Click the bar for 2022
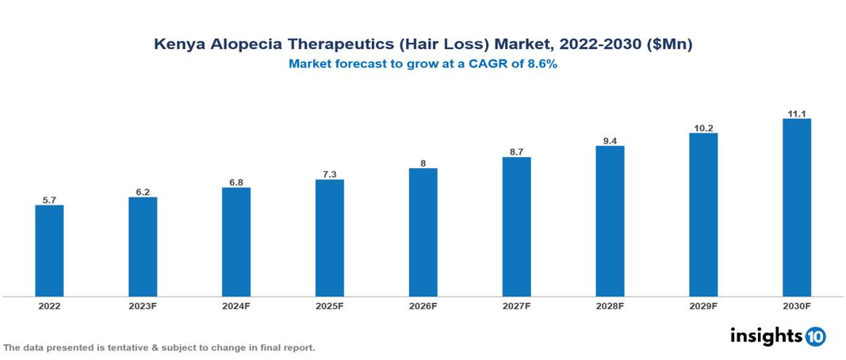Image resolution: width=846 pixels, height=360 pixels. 49,251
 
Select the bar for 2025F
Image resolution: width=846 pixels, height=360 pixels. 329,238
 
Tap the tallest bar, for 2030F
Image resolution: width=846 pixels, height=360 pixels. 796,208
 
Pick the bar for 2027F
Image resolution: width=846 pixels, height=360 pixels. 516,227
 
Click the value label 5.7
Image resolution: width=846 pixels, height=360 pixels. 49,201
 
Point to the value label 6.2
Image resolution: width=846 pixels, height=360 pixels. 143,192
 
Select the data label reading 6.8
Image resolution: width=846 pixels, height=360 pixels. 236,182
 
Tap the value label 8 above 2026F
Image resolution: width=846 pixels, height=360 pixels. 423,163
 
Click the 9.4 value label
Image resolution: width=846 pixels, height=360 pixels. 610,141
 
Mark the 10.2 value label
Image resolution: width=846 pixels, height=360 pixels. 703,128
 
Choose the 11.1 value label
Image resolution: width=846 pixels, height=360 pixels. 796,114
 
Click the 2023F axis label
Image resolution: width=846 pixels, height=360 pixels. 143,305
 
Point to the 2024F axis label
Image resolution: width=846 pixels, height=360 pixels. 236,305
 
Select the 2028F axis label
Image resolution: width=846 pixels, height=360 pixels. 610,305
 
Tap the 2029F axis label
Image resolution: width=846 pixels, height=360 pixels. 703,305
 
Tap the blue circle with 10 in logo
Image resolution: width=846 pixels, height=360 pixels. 815,336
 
